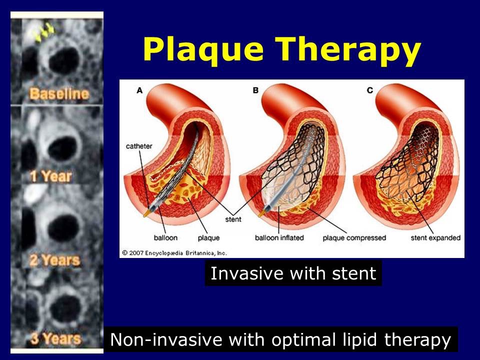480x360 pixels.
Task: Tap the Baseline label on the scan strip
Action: coord(58,93)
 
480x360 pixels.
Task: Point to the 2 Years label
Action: coord(54,260)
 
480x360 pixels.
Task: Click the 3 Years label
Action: coord(55,338)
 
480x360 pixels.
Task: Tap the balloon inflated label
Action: coord(279,238)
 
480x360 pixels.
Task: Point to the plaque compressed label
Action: coord(354,238)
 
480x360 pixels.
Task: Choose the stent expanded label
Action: coord(435,238)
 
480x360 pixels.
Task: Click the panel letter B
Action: coord(255,90)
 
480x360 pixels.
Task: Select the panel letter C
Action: coord(369,90)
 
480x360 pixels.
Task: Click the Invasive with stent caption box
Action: coord(293,273)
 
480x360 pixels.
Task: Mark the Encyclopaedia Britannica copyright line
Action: coord(175,252)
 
